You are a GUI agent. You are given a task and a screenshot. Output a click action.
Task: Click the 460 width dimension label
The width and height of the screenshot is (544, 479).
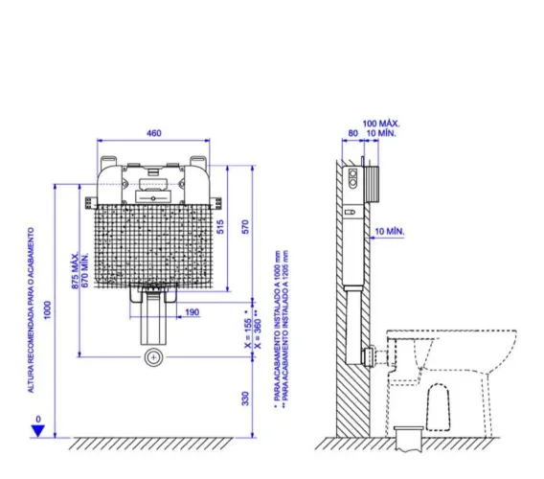click(153, 133)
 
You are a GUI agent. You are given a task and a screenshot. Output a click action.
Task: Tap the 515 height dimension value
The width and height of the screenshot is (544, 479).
click(220, 227)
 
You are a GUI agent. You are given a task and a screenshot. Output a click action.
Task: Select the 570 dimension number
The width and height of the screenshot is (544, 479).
click(245, 227)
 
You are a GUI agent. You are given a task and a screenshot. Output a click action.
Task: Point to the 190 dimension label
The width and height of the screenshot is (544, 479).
click(193, 312)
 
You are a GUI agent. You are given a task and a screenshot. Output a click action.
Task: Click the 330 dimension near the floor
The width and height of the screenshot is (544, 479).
click(245, 399)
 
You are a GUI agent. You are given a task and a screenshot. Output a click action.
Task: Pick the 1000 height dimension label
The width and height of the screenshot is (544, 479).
click(48, 309)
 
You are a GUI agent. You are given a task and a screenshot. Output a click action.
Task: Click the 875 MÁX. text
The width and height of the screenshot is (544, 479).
click(76, 271)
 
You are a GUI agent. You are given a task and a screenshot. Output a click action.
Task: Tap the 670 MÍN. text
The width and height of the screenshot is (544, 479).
click(84, 270)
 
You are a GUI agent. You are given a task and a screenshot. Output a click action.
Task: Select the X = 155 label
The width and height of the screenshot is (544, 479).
click(248, 332)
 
